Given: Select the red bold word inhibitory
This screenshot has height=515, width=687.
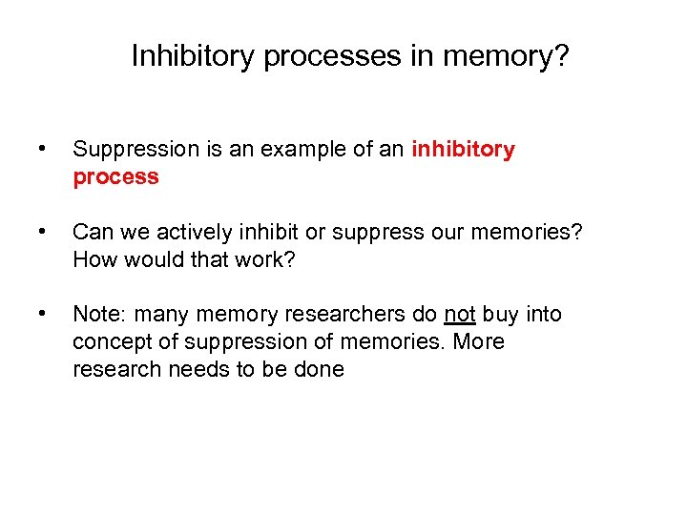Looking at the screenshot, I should point(463,150).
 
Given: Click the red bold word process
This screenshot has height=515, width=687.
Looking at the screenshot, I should point(115,177).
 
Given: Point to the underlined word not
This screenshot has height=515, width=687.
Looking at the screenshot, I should point(459,314).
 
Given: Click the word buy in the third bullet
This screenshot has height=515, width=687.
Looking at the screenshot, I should point(501,314).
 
